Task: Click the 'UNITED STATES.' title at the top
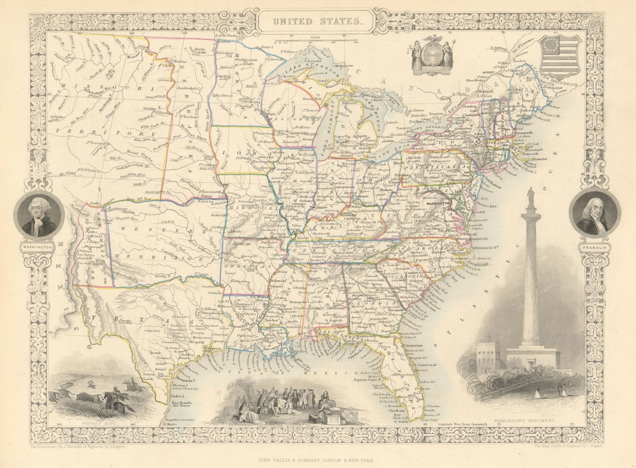[x=316, y=22]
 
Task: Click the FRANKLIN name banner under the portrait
[x=594, y=248]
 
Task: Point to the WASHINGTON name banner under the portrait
[x=38, y=247]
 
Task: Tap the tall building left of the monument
[x=487, y=355]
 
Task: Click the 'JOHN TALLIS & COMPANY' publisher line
[x=317, y=455]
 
